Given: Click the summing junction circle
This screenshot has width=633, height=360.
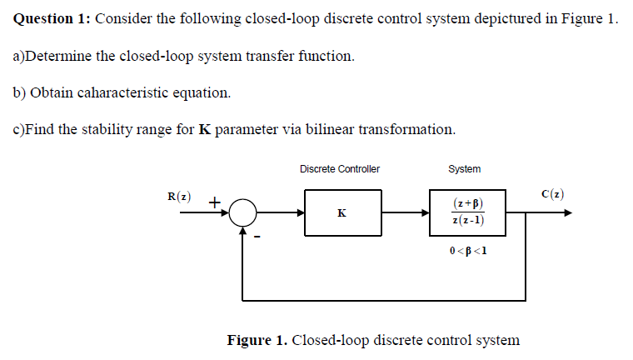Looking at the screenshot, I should point(242,212).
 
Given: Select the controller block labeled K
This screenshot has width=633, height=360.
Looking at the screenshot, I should point(342,212).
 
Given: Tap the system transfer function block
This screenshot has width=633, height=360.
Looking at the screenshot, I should point(467,212).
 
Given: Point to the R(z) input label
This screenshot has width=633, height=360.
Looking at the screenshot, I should point(178,197).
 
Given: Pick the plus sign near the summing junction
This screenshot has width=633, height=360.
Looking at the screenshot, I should point(214,202).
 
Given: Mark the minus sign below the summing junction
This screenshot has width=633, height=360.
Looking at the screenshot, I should point(258,237).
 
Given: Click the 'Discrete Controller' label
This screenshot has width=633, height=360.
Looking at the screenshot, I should point(339,169).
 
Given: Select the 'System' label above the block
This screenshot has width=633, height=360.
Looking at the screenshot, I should point(464,169).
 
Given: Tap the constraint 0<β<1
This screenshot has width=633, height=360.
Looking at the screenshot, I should point(467,250).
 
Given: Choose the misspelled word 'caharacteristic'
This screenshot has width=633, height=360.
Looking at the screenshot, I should point(121,92).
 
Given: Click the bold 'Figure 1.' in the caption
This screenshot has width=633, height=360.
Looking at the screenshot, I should point(257,340).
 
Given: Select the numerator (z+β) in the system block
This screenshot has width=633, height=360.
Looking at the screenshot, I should point(468,203).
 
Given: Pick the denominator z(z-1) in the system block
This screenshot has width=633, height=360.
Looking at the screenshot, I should point(468,221).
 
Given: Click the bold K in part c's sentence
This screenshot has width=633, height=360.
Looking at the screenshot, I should point(204,129).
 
